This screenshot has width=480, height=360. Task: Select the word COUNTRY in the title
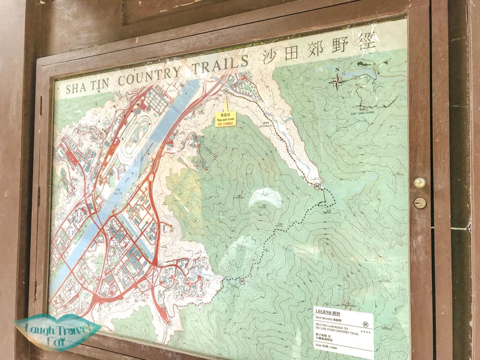coord(149,76)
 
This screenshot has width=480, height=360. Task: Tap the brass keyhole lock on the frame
coord(420,202)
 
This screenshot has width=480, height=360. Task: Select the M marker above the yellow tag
coord(226,92)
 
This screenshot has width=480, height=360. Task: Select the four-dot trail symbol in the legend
coord(366,332)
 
